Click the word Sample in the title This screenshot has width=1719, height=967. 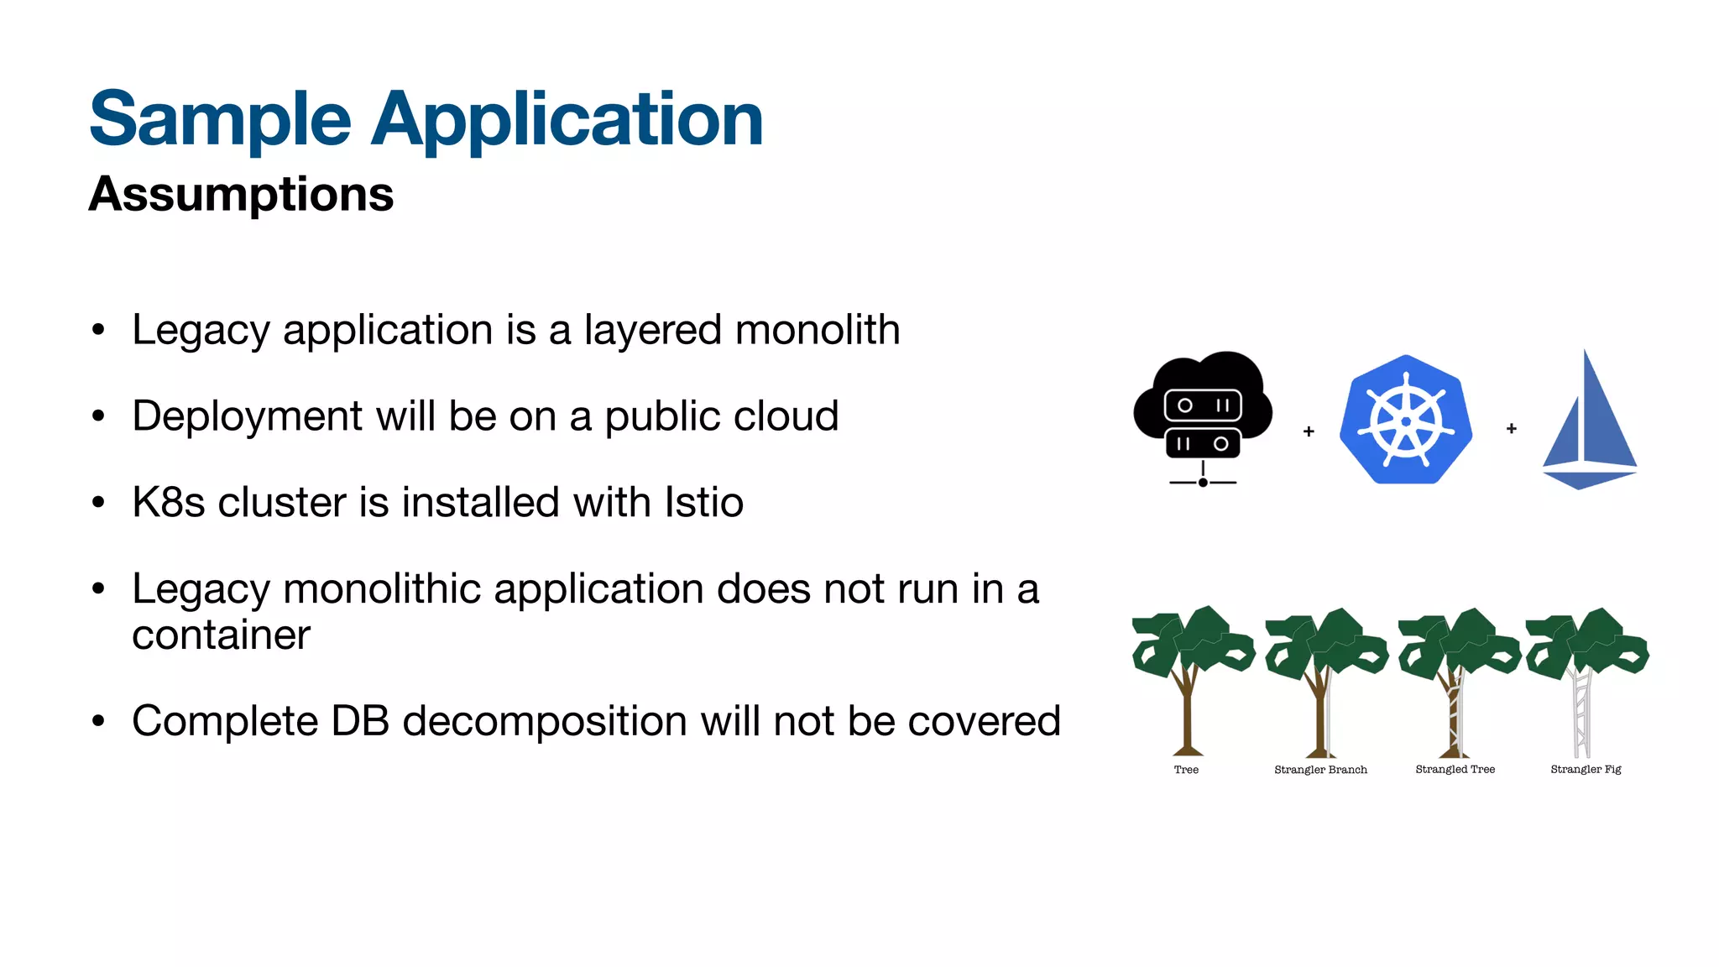(x=220, y=120)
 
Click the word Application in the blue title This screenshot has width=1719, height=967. (x=567, y=120)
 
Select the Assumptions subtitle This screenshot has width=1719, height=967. (x=241, y=194)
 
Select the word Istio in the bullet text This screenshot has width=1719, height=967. (x=703, y=502)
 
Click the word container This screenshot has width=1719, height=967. (x=221, y=635)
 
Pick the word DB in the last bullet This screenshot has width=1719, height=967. (x=360, y=721)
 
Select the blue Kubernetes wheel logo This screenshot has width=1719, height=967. (x=1406, y=420)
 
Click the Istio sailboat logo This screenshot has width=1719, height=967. (x=1589, y=420)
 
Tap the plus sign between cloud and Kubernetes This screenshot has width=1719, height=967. (x=1309, y=431)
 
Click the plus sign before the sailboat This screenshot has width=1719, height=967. (x=1512, y=429)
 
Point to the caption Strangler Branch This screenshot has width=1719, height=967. (x=1320, y=770)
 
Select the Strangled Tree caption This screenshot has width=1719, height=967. (x=1455, y=769)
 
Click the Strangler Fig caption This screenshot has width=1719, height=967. (x=1586, y=769)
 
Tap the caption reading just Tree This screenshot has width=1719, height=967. (x=1186, y=770)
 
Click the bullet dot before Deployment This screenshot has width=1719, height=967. (x=99, y=416)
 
